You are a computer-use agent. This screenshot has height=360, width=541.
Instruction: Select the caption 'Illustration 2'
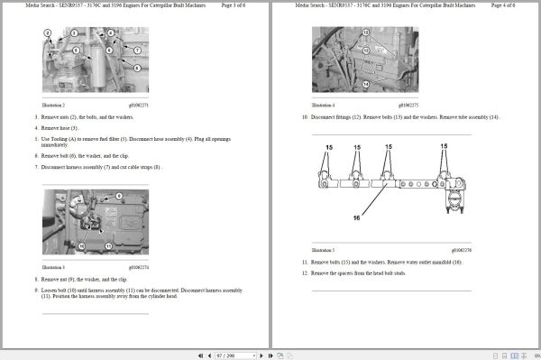pyautogui.click(x=53, y=106)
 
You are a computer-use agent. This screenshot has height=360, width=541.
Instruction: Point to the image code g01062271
pyautogui.click(x=138, y=106)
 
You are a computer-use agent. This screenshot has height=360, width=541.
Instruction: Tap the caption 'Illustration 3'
pyautogui.click(x=53, y=267)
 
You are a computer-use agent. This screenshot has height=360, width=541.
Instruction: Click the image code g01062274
pyautogui.click(x=138, y=267)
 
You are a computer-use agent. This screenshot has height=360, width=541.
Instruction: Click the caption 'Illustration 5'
pyautogui.click(x=322, y=250)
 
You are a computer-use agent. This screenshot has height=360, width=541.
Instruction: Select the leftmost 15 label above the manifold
pyautogui.click(x=329, y=146)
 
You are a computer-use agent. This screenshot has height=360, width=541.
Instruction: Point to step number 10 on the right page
pyautogui.click(x=305, y=117)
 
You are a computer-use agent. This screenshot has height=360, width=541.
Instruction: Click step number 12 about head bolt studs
pyautogui.click(x=305, y=272)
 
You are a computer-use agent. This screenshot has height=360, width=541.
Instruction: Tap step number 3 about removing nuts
pyautogui.click(x=37, y=117)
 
